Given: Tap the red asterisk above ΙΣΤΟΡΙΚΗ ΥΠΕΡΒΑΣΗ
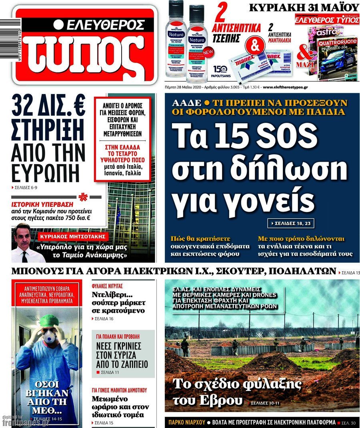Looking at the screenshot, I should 83,197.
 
